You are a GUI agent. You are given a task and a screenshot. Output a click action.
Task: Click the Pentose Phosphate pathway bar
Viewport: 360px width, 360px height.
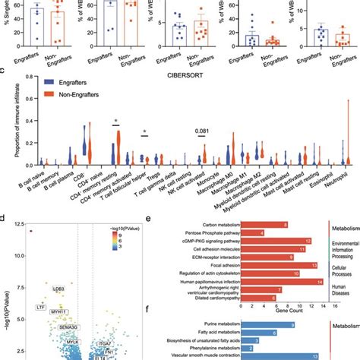pos(254,232)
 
